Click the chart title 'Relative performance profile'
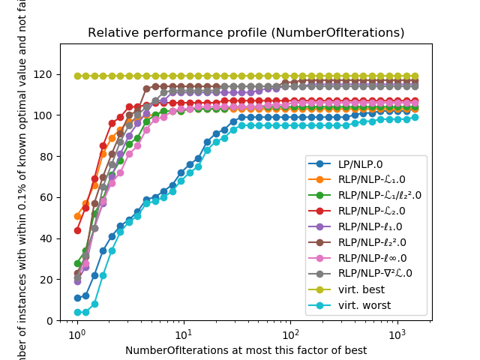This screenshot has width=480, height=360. [x=246, y=33]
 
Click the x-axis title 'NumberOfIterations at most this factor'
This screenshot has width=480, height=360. [x=246, y=350]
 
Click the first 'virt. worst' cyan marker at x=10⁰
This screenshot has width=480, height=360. [x=77, y=312]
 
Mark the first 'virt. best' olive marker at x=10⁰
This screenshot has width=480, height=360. [x=77, y=76]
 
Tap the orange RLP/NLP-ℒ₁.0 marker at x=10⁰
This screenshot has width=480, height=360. [x=77, y=216]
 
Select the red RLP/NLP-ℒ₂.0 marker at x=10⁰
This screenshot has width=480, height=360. [x=77, y=230]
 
